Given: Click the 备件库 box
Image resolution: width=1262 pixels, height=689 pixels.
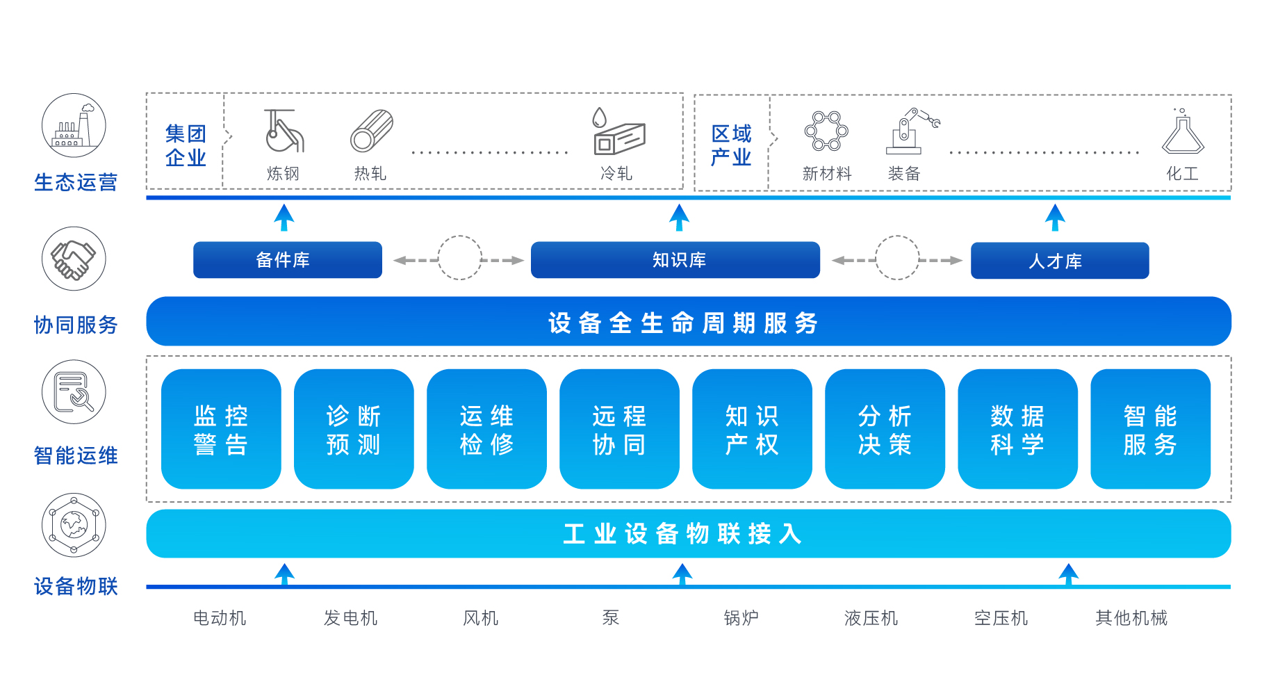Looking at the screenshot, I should (287, 260).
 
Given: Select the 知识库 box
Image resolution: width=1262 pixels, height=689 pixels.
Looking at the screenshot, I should (675, 260).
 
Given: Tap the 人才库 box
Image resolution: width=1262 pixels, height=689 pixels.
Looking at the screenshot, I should (1059, 261).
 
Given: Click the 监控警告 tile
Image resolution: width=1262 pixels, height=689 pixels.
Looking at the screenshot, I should (221, 429).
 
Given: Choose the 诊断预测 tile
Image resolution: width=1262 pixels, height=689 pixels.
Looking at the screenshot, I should (354, 429).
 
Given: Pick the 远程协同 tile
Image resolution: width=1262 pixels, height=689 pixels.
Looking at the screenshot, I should (619, 429).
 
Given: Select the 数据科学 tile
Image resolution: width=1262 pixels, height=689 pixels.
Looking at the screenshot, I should (1017, 429).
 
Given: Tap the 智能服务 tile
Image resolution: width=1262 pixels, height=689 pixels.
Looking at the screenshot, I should (1150, 429).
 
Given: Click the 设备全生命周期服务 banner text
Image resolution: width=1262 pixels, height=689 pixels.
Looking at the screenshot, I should (683, 323).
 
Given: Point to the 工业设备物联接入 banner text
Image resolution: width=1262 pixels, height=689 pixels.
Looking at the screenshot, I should (683, 534).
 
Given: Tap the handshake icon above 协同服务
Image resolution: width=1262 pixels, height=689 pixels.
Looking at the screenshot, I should (74, 259).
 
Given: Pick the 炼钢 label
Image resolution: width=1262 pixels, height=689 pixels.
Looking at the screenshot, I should (283, 174).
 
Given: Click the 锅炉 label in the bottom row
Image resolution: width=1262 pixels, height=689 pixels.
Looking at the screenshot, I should (741, 618).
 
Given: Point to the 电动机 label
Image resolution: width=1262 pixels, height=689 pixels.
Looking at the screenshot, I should (220, 618).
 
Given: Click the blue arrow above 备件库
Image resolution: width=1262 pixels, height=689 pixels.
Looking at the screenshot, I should (284, 217).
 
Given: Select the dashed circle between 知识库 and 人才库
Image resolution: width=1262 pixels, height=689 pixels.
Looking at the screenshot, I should (896, 258).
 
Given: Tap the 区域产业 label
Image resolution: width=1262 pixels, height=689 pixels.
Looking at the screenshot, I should (731, 145).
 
